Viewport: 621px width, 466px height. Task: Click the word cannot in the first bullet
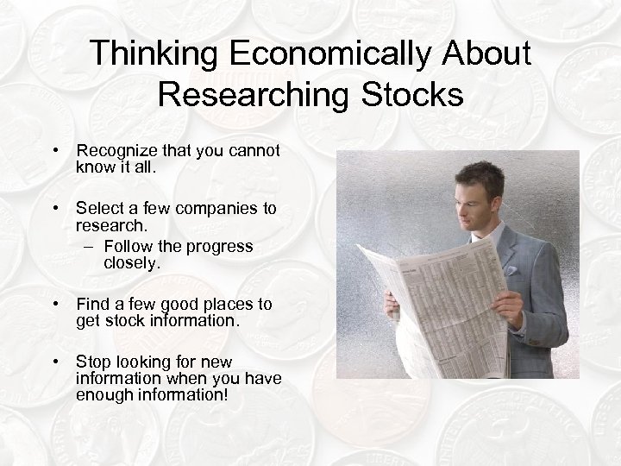coord(254,151)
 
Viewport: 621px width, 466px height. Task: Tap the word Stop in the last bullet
coord(93,360)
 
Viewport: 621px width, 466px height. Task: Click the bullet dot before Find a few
coord(56,304)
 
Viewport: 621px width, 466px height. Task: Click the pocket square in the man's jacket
coord(511,270)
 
